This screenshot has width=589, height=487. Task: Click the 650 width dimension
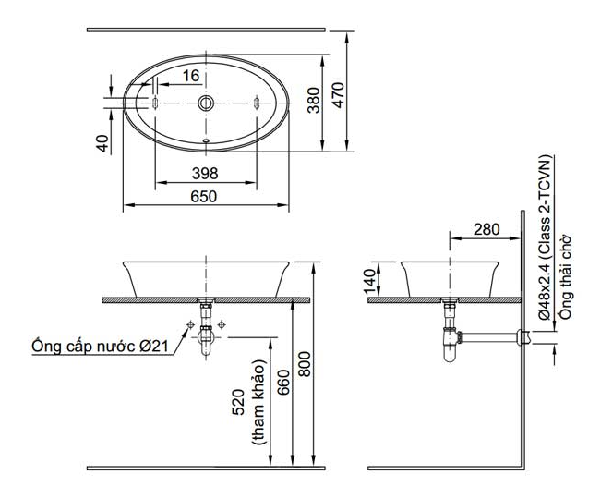pyautogui.click(x=204, y=196)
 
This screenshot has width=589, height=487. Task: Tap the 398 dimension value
pyautogui.click(x=205, y=174)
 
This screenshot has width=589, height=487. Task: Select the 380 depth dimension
pyautogui.click(x=314, y=100)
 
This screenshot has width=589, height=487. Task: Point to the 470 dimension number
pyautogui.click(x=338, y=95)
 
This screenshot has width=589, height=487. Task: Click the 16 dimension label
pyautogui.click(x=191, y=76)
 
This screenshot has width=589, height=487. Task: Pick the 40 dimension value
pyautogui.click(x=102, y=143)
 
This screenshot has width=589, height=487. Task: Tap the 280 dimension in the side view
pyautogui.click(x=487, y=229)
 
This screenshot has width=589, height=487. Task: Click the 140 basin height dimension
pyautogui.click(x=370, y=282)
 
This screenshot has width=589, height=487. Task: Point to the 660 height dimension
pyautogui.click(x=283, y=383)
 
